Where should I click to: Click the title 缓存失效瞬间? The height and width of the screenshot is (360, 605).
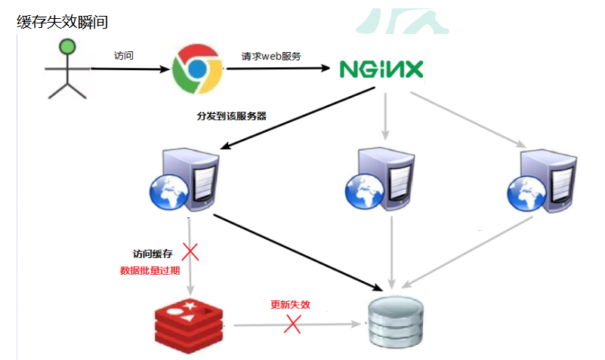pos(62,22)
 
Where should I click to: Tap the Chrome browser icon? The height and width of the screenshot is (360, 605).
pos(196,67)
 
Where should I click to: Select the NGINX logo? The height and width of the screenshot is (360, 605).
pos(381,69)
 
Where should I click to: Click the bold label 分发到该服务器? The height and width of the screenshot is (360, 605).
pos(231,116)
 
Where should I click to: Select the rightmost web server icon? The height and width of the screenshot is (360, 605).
pos(539,178)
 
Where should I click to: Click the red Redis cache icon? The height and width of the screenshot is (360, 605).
pos(187,322)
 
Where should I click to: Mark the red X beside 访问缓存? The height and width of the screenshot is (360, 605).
pos(190,251)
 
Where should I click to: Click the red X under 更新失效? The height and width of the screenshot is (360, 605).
pos(292,325)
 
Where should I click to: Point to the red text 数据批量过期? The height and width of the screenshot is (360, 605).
pos(150,269)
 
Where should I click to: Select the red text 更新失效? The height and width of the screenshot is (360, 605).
pos(291,306)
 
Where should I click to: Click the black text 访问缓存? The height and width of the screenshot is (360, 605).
pos(153,254)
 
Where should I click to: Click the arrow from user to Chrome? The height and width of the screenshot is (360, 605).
pos(128,69)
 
